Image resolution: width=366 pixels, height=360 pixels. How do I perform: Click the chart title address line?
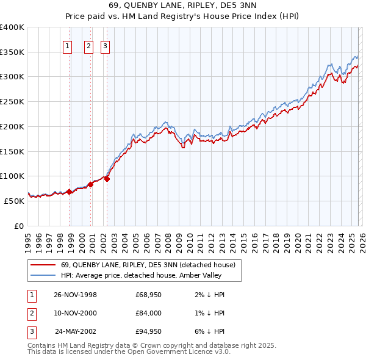[x=182, y=5]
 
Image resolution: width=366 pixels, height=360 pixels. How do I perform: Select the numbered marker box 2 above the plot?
[x=88, y=45]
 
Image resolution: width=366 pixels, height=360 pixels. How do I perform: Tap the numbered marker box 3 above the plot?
[x=105, y=45]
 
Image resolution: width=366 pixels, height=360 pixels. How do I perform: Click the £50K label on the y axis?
[x=14, y=200]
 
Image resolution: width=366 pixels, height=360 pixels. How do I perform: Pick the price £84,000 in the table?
[x=148, y=313]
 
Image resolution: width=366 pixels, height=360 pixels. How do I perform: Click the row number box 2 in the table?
[x=31, y=313]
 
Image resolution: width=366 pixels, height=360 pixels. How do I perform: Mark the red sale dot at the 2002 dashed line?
[x=107, y=179]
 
